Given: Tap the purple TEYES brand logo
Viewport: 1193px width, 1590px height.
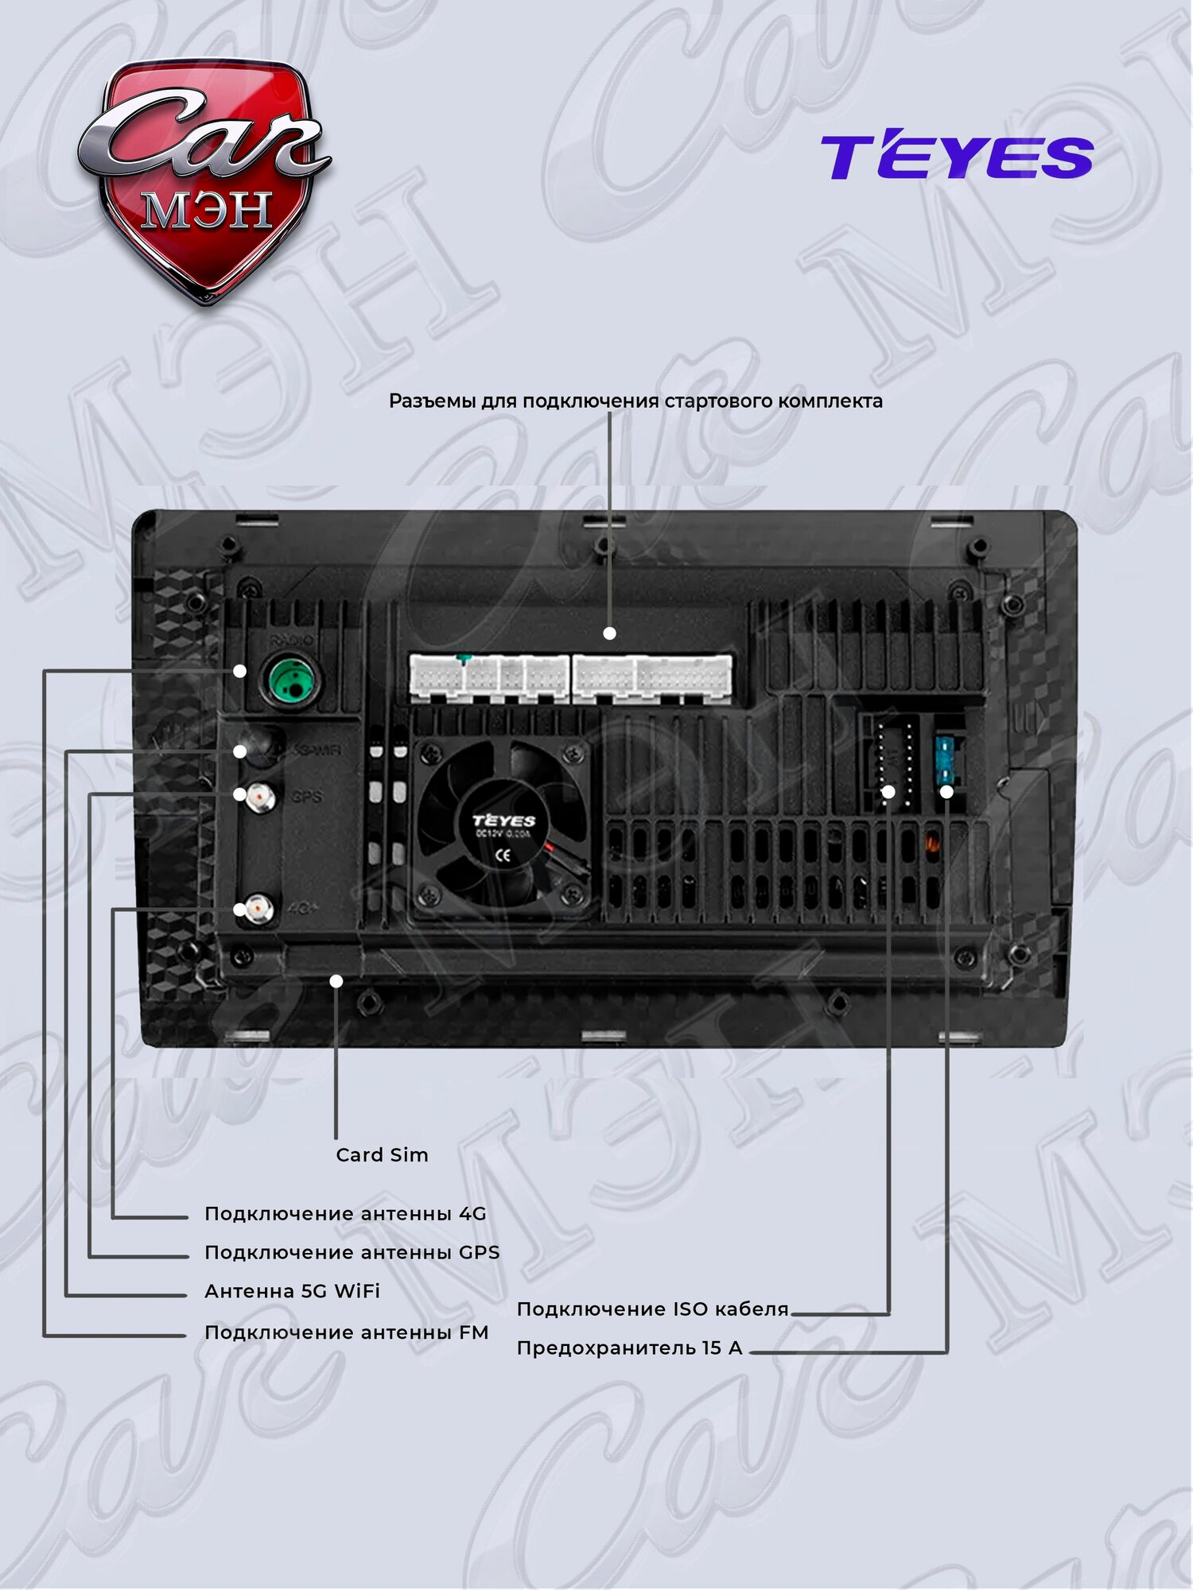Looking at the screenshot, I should [957, 157].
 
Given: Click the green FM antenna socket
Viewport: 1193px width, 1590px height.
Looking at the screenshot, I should [292, 680].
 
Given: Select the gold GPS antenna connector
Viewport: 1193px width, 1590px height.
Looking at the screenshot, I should [260, 797].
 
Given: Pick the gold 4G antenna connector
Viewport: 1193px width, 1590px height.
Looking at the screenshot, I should [258, 908].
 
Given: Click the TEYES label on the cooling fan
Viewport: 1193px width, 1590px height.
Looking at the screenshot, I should [504, 820].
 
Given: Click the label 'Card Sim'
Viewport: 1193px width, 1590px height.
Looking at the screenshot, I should [382, 1154].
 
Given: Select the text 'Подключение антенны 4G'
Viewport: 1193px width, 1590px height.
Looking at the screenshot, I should [345, 1213].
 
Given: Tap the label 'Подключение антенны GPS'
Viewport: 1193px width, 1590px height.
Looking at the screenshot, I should [352, 1252].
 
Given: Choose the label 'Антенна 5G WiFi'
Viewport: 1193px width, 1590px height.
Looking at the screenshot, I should [292, 1291].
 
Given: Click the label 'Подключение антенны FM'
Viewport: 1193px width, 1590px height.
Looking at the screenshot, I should [346, 1332].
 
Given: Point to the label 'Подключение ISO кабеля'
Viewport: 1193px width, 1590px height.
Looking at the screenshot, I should [652, 1309].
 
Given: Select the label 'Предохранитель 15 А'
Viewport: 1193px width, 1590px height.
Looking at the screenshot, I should [629, 1348].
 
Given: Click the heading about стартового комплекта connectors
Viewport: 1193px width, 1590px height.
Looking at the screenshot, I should [635, 401].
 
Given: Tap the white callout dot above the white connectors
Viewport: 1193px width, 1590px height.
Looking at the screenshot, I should [609, 634].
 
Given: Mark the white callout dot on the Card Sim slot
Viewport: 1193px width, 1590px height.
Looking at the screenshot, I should [336, 981].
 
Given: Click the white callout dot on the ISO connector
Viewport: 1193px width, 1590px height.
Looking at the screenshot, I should [888, 792].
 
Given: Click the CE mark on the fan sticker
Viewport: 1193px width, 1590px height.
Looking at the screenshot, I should [503, 855].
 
